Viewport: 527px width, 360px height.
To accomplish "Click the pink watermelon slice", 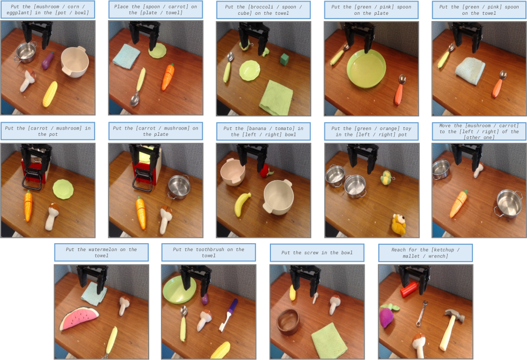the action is click(x=79, y=318).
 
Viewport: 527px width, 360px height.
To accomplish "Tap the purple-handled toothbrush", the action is click(x=229, y=315).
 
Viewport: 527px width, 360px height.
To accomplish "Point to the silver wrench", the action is click(x=422, y=313).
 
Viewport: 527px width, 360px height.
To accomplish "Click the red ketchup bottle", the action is click(x=410, y=289).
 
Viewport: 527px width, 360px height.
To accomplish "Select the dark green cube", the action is click(x=284, y=59).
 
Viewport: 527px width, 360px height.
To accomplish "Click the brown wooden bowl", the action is click(x=288, y=321).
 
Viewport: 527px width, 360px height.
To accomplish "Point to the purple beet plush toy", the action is click(x=387, y=315).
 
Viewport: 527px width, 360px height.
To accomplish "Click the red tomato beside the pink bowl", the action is click(x=266, y=171).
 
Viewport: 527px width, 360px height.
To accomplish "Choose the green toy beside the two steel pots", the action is click(x=386, y=177).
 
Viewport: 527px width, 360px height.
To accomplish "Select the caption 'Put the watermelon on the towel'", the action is click(x=101, y=253).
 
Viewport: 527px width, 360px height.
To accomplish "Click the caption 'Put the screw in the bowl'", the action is click(x=317, y=253).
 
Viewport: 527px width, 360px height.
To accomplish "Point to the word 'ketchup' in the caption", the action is click(x=444, y=250).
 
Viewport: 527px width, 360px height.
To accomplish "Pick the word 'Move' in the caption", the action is click(x=445, y=126).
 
